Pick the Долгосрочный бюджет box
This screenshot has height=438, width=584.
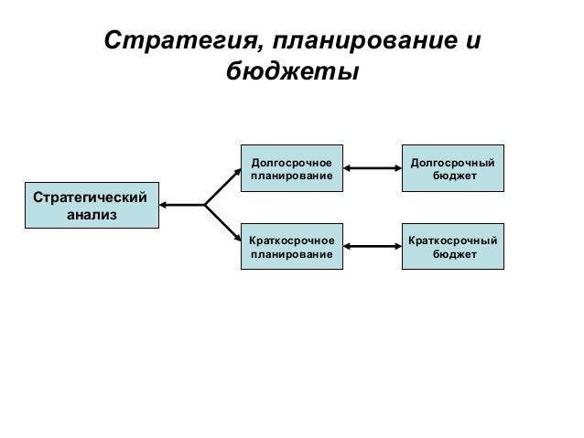[455, 168]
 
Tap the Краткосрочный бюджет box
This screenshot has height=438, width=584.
[455, 246]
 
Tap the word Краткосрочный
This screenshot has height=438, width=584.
[455, 240]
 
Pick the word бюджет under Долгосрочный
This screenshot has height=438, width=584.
[455, 176]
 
